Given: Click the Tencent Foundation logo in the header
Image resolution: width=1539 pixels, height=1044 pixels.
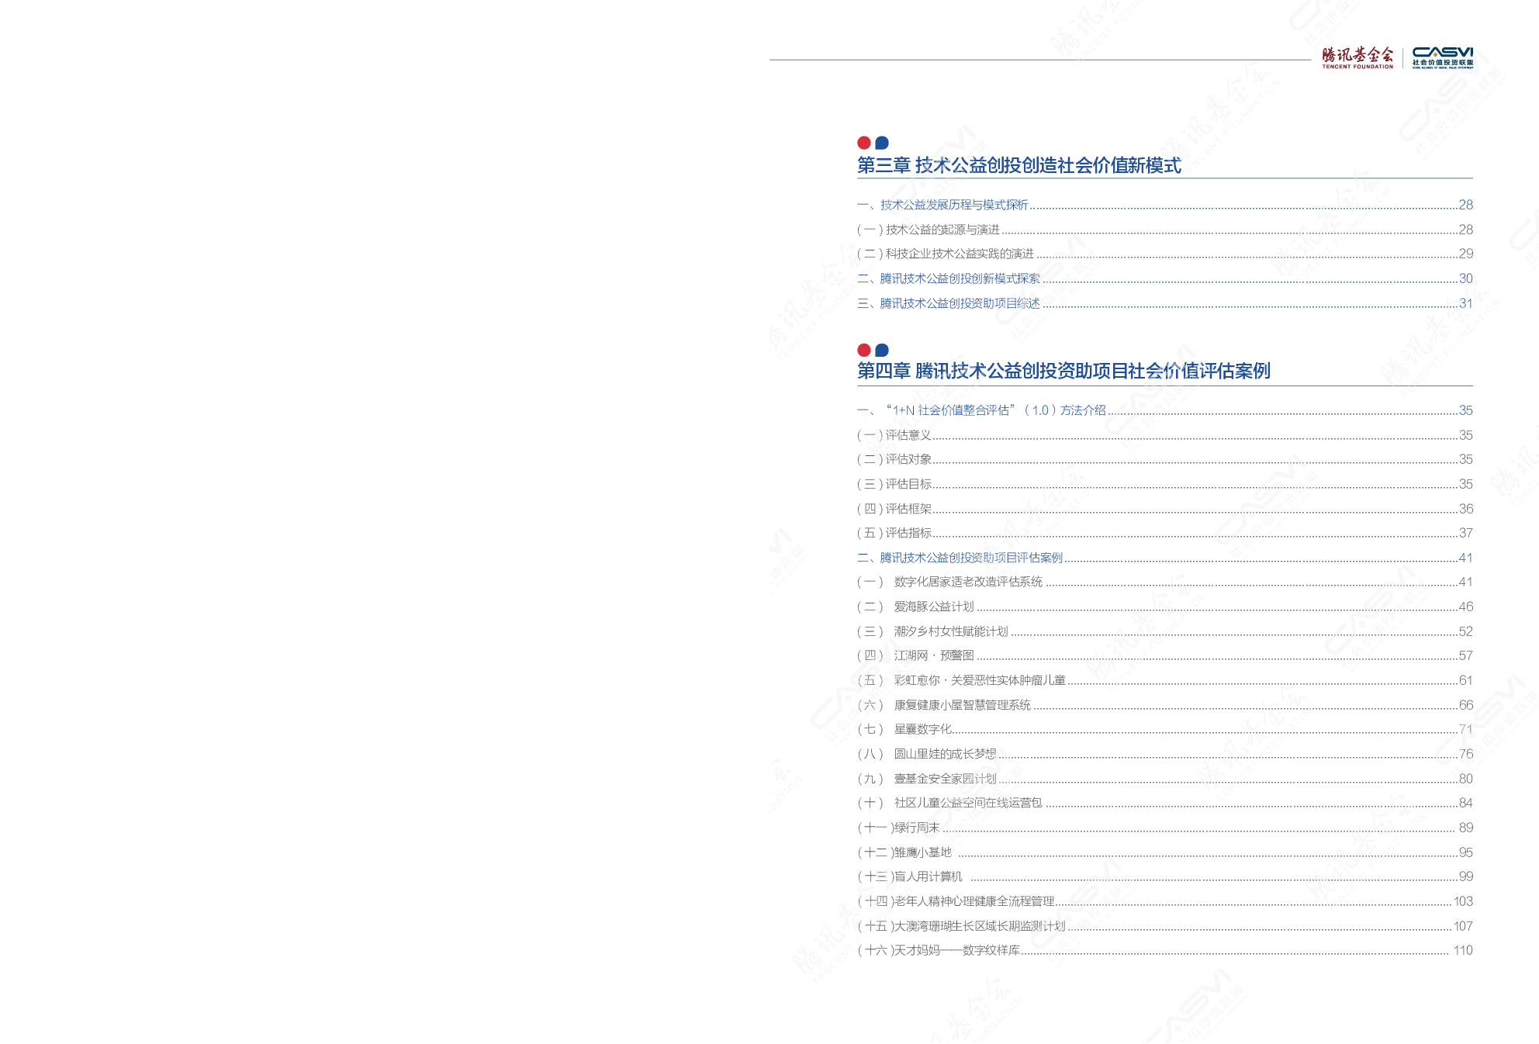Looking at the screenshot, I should (1357, 57).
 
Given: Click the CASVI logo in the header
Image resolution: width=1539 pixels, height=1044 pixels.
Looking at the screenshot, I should (1442, 57).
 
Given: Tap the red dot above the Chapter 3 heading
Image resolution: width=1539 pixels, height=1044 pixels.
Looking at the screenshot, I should (864, 143).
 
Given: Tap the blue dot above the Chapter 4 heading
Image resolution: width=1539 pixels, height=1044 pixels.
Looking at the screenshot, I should (882, 350).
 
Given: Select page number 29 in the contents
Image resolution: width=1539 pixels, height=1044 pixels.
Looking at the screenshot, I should (1465, 254).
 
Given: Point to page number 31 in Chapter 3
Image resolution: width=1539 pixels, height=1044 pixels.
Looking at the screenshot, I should (1465, 303).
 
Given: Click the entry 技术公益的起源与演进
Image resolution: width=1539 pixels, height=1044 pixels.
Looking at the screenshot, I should (942, 230).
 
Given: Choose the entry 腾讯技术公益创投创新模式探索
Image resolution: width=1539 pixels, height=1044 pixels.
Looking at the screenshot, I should (960, 278).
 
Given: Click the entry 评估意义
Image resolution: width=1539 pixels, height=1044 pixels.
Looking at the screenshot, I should (908, 435).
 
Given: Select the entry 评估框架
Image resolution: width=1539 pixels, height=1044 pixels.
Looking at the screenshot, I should (908, 509).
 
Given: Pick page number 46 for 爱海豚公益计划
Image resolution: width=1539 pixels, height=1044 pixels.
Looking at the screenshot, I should (1465, 607).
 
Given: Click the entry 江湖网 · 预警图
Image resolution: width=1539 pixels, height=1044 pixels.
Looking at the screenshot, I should (933, 655).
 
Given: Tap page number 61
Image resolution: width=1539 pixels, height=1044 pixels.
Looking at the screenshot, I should (1465, 680).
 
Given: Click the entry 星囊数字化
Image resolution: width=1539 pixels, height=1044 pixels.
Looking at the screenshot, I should (922, 729).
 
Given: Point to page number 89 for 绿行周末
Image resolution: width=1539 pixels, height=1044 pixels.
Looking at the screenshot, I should (1465, 828).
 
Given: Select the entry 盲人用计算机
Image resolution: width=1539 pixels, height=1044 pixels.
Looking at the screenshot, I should (928, 876).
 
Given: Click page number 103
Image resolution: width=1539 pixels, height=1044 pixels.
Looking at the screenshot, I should (1463, 901).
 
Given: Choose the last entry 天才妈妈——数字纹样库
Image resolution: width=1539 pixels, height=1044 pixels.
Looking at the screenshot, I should (956, 950).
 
